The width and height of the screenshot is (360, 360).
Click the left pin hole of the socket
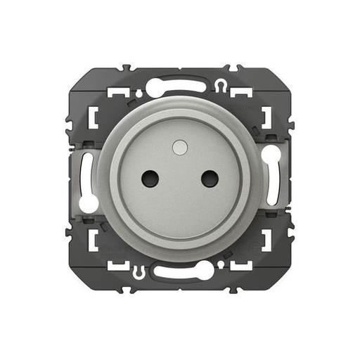point(149,179)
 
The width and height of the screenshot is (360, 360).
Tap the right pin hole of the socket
point(209,179)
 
